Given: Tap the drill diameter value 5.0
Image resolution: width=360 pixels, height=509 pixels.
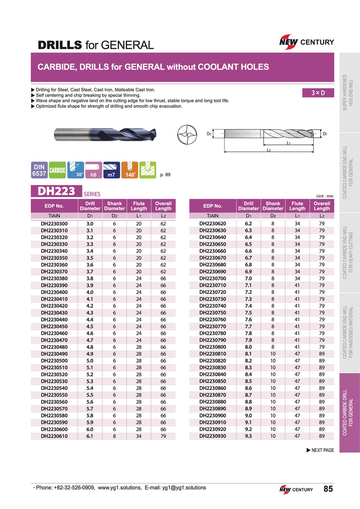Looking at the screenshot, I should tap(90, 361).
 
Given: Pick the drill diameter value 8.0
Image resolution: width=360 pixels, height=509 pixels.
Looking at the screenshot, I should tap(248, 347).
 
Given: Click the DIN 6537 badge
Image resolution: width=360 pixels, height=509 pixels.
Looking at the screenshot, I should tap(39, 170).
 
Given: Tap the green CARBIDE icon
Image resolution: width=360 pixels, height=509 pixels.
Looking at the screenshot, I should tap(57, 170).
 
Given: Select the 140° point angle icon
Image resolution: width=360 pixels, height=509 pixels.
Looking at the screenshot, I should tap(130, 170).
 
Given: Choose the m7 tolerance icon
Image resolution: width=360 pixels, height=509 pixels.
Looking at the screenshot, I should tap(111, 170).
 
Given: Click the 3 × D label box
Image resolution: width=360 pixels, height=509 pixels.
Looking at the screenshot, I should tap(319, 93).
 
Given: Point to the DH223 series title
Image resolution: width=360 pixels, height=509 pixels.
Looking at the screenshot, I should tap(56, 191).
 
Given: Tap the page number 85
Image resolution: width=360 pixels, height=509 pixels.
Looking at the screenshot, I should tap(328, 489).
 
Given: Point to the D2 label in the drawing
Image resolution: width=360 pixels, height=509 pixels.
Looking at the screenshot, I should tap(209, 134).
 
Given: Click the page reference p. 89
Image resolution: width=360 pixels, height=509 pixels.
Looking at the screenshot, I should tap(165, 175).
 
